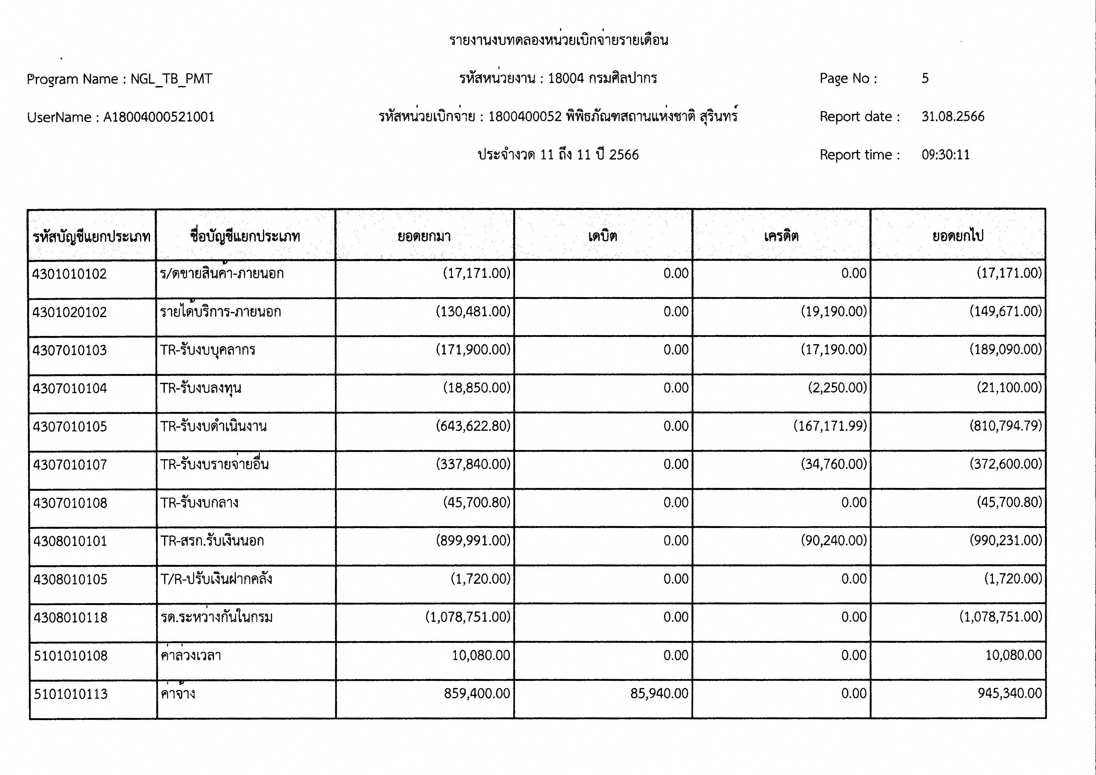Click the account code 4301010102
pyautogui.click(x=70, y=274)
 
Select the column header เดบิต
pyautogui.click(x=602, y=236)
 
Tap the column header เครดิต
pyautogui.click(x=781, y=236)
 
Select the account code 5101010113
pyautogui.click(x=71, y=694)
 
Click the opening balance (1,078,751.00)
pyautogui.click(x=467, y=617)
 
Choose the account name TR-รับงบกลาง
pyautogui.click(x=199, y=503)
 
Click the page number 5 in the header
pyautogui.click(x=925, y=78)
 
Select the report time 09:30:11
pyautogui.click(x=945, y=155)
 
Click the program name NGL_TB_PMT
pyautogui.click(x=171, y=79)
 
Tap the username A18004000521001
pyautogui.click(x=159, y=117)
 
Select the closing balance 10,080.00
pyautogui.click(x=1013, y=655)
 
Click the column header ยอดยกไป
pyautogui.click(x=958, y=236)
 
